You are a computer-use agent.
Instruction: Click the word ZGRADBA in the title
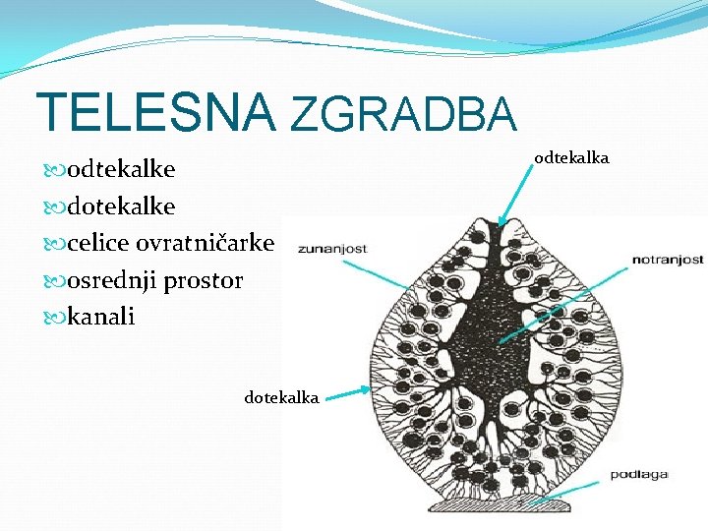[x=403, y=115]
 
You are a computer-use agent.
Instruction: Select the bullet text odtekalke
[x=121, y=169]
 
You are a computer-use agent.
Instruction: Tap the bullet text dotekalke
[x=121, y=206]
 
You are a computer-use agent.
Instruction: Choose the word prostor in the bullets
[x=203, y=281]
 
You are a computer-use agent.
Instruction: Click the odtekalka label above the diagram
[x=571, y=157]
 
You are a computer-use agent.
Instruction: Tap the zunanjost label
[x=332, y=249]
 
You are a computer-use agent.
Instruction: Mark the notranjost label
[x=668, y=260]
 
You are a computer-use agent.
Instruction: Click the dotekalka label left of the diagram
[x=281, y=397]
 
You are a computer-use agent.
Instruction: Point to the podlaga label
[x=639, y=475]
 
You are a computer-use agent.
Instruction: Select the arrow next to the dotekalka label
[x=346, y=394]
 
